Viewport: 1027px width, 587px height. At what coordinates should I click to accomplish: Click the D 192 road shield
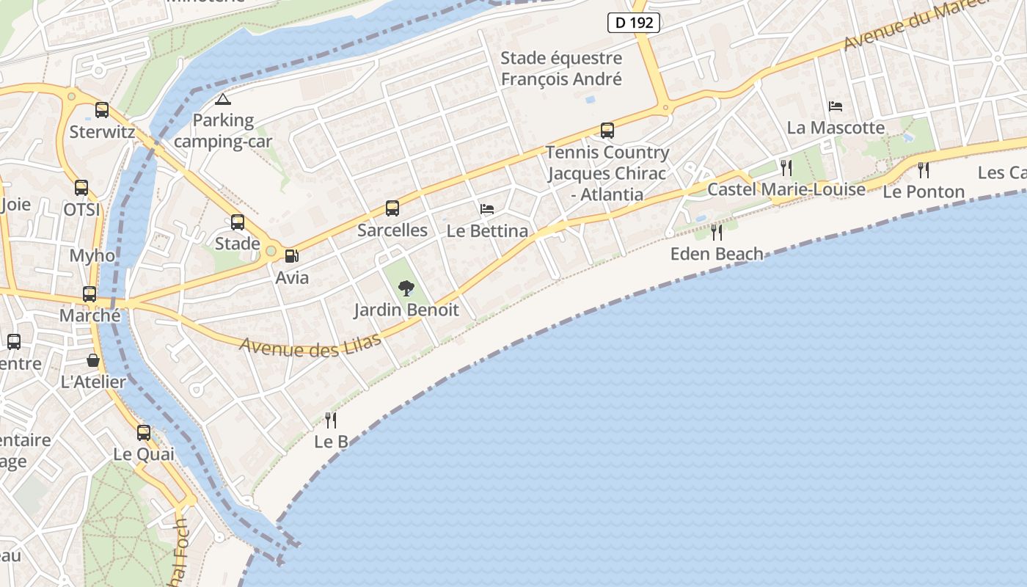pos(634,23)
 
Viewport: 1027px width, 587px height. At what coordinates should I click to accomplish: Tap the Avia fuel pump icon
pos(292,256)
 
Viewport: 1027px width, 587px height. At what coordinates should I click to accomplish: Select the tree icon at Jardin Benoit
pos(406,288)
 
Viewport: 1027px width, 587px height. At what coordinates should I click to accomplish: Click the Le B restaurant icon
pos(331,420)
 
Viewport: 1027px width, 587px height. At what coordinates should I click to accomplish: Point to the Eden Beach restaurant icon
pos(717,233)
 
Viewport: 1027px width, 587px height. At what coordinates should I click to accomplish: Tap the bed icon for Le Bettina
pos(487,209)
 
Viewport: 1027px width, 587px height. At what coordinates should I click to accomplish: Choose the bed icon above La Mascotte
pos(836,106)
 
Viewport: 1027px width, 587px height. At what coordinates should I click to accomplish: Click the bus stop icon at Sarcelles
pos(392,208)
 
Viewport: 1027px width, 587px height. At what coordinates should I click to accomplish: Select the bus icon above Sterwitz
pos(102,110)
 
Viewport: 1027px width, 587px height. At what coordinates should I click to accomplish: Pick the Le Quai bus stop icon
pos(144,433)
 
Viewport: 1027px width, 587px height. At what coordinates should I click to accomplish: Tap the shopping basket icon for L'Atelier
pos(93,360)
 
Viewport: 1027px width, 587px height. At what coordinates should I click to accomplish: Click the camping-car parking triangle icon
pos(223,99)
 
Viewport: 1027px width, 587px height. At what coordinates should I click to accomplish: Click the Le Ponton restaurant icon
pos(924,170)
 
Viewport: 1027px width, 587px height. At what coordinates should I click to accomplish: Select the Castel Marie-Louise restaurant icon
pos(786,168)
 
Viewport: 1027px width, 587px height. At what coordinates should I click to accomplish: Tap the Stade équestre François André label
pos(561,68)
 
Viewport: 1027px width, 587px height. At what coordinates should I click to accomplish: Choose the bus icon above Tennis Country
pos(607,131)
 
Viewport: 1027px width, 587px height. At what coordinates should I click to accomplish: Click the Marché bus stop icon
pos(89,294)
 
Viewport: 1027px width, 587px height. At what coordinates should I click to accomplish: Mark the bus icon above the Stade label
pos(238,222)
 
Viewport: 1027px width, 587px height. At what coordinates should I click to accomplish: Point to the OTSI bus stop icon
pos(81,188)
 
